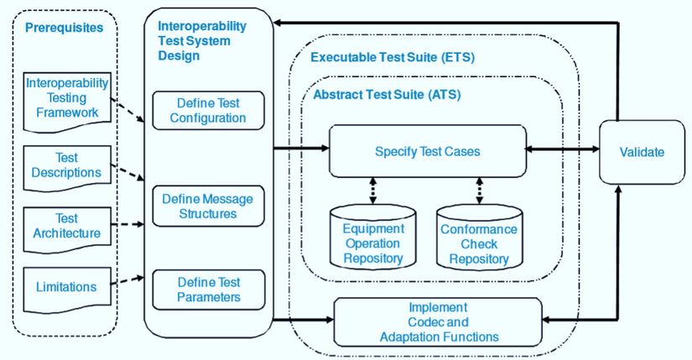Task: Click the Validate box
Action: [642, 152]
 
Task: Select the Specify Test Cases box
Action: [428, 151]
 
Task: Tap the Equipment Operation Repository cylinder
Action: [373, 237]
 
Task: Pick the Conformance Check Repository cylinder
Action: [479, 237]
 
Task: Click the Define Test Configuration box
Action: [208, 111]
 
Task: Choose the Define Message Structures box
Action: [208, 206]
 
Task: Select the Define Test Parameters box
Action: [209, 290]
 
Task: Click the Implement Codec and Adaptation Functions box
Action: [438, 322]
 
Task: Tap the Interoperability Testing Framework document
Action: [67, 102]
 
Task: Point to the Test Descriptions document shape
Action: [67, 169]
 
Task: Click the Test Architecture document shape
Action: [67, 230]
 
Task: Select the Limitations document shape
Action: [67, 290]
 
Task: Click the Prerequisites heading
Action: [65, 28]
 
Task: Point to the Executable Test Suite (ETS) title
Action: [393, 57]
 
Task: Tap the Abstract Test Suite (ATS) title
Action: [387, 95]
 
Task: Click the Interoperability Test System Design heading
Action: [202, 40]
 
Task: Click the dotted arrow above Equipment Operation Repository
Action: [373, 190]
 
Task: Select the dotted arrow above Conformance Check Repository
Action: [479, 190]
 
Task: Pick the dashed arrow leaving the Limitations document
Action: [127, 281]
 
